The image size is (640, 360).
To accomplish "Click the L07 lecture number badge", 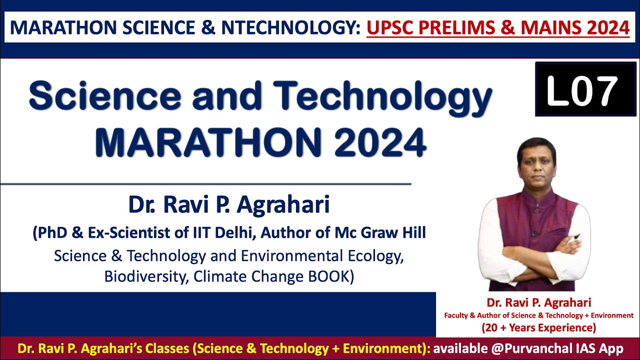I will [x=578, y=89].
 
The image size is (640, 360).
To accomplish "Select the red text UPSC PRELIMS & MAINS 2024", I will [x=498, y=27].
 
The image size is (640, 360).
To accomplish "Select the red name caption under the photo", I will [x=539, y=302].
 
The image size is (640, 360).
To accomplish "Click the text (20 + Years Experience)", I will [x=539, y=328].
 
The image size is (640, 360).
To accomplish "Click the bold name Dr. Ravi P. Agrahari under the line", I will [x=229, y=205].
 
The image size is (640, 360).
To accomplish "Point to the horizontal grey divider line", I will [x=205, y=184].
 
